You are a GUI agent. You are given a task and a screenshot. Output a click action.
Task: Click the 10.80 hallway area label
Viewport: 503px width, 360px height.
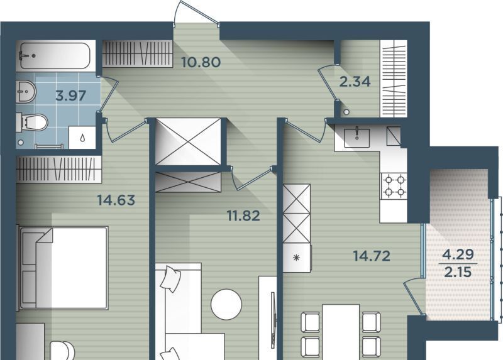pyautogui.click(x=201, y=62)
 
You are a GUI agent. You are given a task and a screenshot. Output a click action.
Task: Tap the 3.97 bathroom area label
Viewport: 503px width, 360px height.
pyautogui.click(x=70, y=95)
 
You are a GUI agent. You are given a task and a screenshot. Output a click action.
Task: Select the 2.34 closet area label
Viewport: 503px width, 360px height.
pyautogui.click(x=355, y=82)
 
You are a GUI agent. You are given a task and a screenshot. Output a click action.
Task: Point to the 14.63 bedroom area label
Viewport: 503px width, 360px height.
pyautogui.click(x=116, y=200)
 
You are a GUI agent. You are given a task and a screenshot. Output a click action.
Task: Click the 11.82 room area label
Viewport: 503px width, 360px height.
pyautogui.click(x=243, y=215)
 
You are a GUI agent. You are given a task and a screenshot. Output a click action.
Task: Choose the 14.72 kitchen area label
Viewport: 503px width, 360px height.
pyautogui.click(x=372, y=256)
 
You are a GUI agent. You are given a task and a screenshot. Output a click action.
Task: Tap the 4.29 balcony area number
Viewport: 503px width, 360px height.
pyautogui.click(x=458, y=254)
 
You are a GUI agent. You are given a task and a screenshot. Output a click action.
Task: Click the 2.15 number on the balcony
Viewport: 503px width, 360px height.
pyautogui.click(x=458, y=272)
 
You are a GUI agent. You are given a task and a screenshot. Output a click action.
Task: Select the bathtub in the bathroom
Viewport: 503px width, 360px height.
pyautogui.click(x=55, y=56)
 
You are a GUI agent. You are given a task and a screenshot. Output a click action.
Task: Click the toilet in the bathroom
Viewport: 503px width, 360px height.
pyautogui.click(x=32, y=122)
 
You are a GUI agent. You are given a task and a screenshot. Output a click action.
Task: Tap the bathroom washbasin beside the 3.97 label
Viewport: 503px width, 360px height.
pyautogui.click(x=26, y=91)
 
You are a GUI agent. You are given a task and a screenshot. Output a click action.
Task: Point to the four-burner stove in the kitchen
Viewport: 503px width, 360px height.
pyautogui.click(x=394, y=186)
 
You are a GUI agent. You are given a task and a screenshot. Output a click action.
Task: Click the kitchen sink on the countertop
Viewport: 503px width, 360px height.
pyautogui.click(x=357, y=138)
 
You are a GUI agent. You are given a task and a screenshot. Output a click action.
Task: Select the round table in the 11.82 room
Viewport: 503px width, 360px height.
pyautogui.click(x=226, y=305)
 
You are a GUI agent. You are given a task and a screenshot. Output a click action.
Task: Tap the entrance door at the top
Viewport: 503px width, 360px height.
pyautogui.click(x=196, y=13)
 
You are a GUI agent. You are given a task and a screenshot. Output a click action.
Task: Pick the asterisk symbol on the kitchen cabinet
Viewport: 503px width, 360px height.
pyautogui.click(x=296, y=258)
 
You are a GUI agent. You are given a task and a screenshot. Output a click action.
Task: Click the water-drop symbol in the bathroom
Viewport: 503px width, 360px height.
pyautogui.click(x=82, y=138)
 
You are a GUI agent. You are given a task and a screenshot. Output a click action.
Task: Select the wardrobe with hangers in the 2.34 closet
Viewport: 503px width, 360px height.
pyautogui.click(x=394, y=79)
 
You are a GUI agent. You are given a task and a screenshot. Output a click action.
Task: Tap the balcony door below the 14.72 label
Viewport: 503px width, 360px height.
pyautogui.click(x=414, y=295)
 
